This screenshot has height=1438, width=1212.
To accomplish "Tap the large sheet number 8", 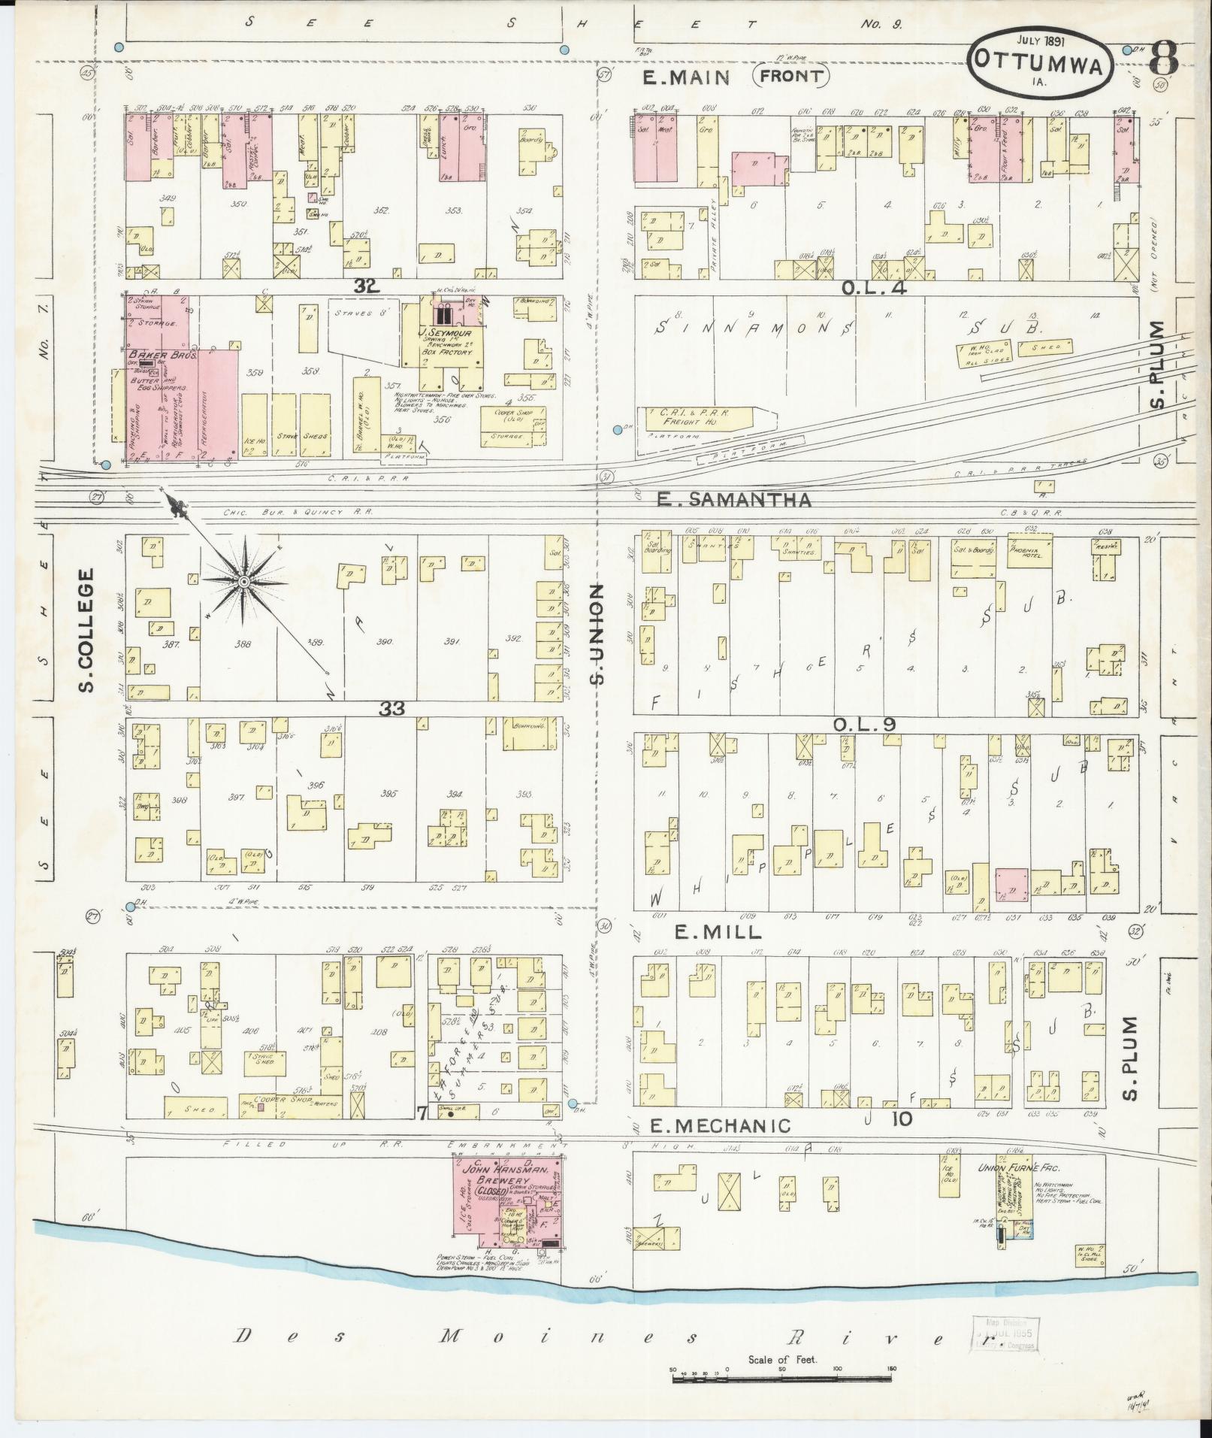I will click(x=1162, y=58).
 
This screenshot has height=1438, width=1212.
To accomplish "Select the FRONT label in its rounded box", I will click(x=791, y=76).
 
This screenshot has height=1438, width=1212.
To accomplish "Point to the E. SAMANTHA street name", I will click(x=734, y=500).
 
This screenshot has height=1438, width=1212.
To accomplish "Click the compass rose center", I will click(x=245, y=583).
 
